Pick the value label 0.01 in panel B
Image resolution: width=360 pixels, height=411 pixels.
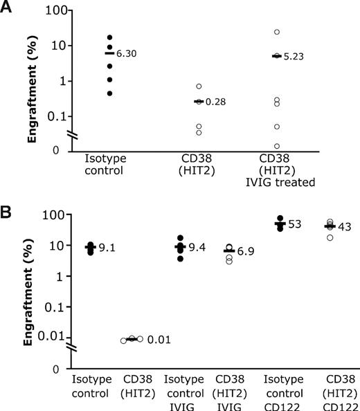tap(159, 340)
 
